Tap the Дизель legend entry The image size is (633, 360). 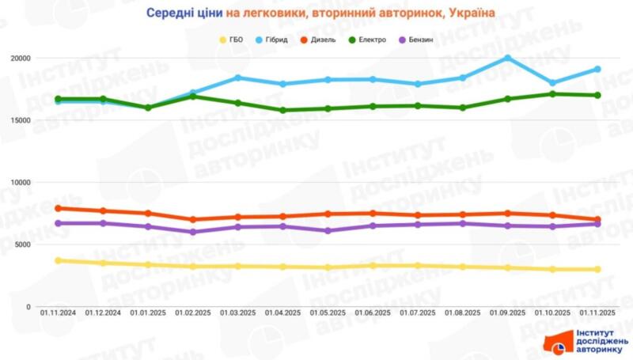coord(323,39)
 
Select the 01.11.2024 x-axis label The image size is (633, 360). coord(58,313)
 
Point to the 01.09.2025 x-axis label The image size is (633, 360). coord(507,313)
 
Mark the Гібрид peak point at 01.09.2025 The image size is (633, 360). coord(507,58)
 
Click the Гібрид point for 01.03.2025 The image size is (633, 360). coord(237,78)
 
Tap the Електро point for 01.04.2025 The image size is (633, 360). coord(282,110)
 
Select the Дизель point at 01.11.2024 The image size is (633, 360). coord(58,208)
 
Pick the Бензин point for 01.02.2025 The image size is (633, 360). coord(192,232)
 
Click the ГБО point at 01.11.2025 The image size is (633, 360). coord(597,270)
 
